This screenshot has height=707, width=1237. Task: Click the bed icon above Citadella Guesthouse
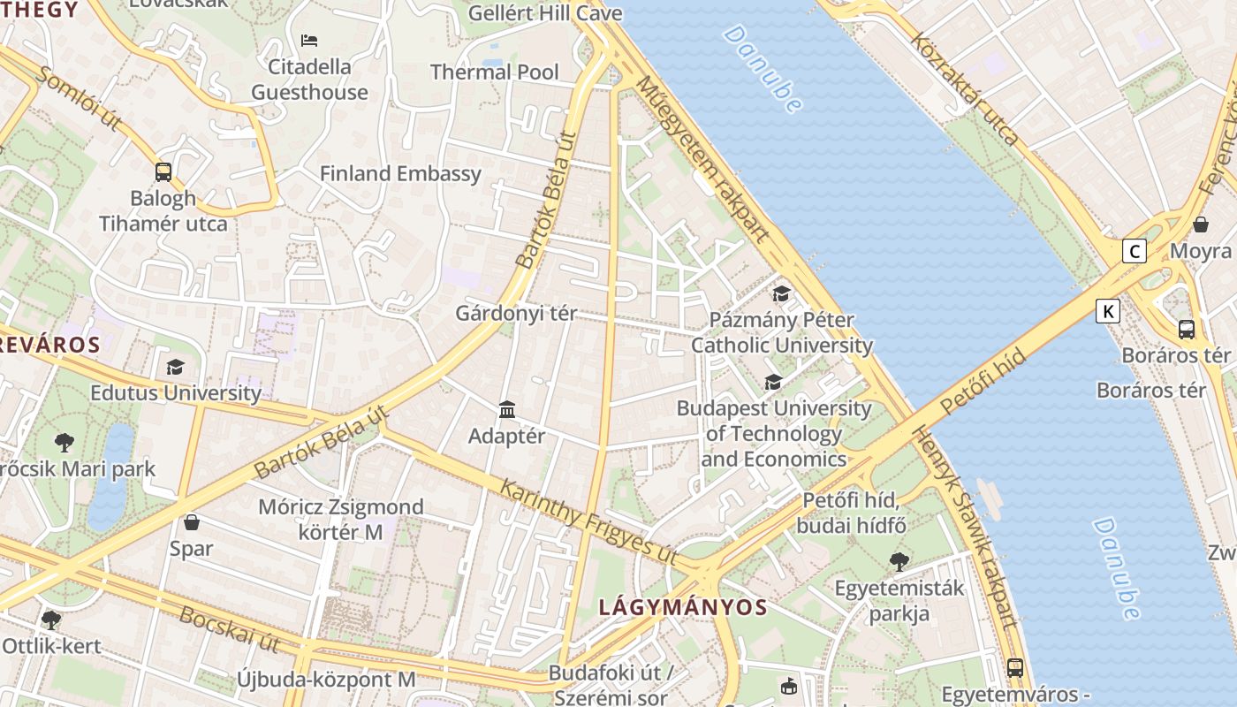point(309,40)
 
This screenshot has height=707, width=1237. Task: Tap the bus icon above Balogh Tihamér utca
point(163,172)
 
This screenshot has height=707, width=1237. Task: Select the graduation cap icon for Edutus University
point(175,367)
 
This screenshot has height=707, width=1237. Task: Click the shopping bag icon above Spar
point(192,522)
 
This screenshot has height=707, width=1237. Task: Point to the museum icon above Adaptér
point(507,409)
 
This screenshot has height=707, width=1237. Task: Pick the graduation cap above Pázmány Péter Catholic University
point(781,293)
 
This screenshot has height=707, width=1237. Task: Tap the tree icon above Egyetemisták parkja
point(899,560)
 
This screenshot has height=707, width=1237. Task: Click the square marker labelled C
point(1134,251)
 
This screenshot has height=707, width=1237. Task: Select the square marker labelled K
point(1108,311)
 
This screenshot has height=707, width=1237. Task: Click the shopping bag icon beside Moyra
point(1201,224)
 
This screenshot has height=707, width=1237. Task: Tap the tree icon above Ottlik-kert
point(51,620)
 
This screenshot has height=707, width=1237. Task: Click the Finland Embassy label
point(400,173)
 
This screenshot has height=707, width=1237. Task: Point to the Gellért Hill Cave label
point(545,13)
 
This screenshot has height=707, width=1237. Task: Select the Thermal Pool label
point(495,72)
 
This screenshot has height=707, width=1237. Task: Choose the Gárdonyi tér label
point(516,313)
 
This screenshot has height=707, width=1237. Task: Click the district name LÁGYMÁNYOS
point(683,607)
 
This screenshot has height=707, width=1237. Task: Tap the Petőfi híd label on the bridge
point(983,381)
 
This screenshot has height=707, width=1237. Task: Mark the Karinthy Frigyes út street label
point(588,521)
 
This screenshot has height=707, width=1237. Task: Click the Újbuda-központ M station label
point(326,679)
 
